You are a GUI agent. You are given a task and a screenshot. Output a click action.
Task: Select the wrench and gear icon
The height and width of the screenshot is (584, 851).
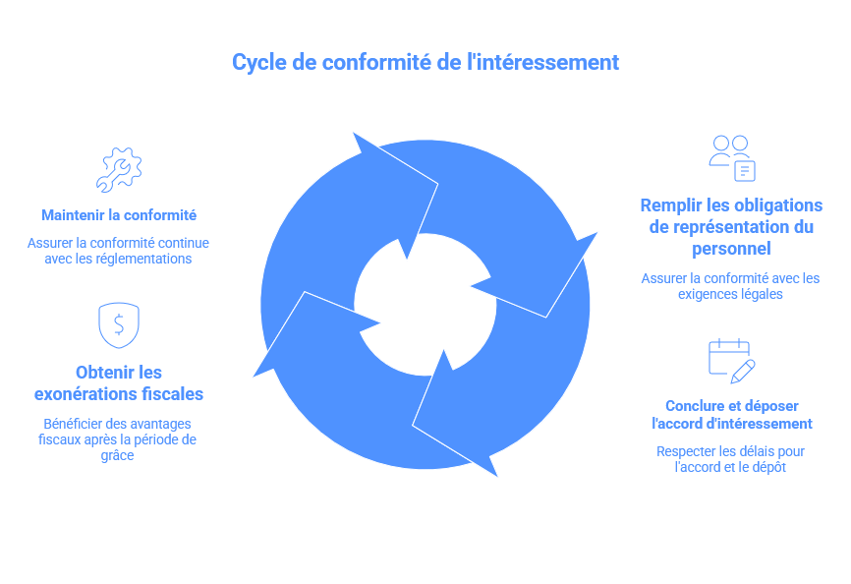click(119, 169)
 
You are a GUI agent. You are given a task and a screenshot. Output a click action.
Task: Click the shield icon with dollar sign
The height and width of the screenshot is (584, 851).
click(119, 324)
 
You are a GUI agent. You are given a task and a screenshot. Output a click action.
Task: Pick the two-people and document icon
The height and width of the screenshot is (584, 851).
click(732, 158)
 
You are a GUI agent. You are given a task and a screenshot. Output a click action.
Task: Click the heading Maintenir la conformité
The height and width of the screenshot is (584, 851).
click(119, 214)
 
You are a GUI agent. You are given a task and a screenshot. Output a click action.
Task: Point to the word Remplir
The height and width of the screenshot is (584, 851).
click(672, 205)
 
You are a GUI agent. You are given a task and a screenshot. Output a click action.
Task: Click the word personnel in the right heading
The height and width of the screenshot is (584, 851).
click(730, 249)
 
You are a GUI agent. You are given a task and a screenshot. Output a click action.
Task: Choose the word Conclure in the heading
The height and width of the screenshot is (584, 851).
click(697, 406)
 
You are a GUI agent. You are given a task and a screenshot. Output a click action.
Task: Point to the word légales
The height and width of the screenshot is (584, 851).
click(761, 294)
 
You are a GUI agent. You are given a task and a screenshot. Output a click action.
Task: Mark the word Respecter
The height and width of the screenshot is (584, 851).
click(686, 452)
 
